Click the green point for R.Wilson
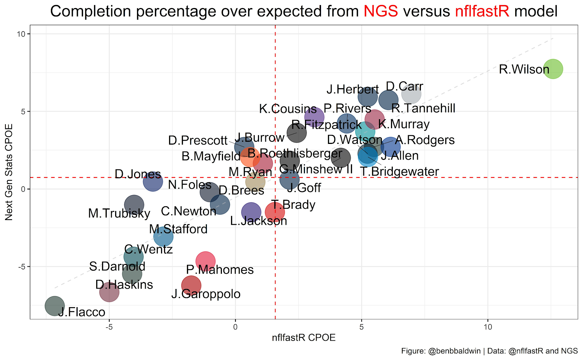tap(553, 69)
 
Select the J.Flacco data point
tap(55, 306)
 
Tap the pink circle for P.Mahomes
tap(206, 261)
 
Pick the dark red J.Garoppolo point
tap(191, 286)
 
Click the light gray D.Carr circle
tap(411, 94)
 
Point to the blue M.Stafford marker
tap(163, 237)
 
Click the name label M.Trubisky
tap(119, 214)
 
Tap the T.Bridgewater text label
tap(399, 172)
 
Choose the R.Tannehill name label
tap(423, 108)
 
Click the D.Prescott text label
tap(198, 140)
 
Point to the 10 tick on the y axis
tap(22, 34)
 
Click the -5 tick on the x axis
tap(109, 327)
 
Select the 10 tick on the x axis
tap(488, 327)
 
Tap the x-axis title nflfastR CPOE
tap(304, 338)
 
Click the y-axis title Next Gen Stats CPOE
tap(9, 172)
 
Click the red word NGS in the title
tap(381, 11)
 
